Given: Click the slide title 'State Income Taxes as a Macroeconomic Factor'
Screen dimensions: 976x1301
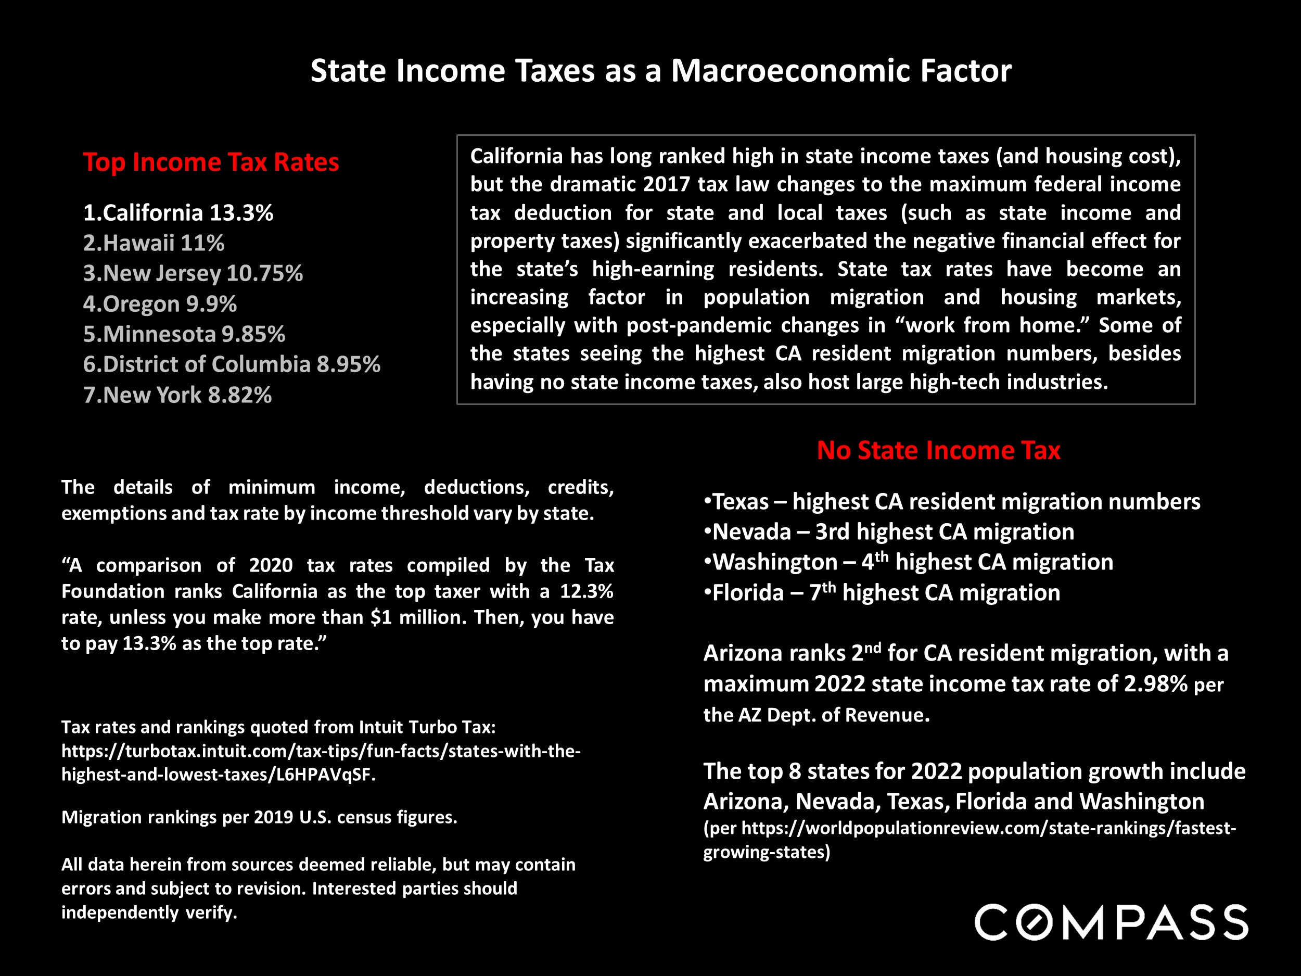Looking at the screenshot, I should (x=660, y=71).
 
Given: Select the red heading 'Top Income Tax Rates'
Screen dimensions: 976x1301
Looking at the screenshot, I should (x=211, y=162).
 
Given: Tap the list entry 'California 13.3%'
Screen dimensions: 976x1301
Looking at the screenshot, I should (x=178, y=212).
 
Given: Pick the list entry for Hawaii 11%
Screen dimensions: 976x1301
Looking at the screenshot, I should (x=154, y=243).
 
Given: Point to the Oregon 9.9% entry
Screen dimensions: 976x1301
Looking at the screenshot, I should (x=160, y=303).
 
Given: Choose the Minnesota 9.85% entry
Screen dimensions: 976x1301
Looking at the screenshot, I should (x=184, y=334).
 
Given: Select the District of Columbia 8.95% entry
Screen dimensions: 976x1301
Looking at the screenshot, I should (x=232, y=364).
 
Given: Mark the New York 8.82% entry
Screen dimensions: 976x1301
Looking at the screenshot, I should (x=177, y=395).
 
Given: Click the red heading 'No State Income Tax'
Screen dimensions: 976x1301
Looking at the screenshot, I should (x=938, y=450).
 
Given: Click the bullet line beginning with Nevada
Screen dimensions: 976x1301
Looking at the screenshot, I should (x=889, y=532).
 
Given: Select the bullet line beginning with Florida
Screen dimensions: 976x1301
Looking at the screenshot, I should (x=882, y=592).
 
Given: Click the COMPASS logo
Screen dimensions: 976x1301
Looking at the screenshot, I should (x=1111, y=922).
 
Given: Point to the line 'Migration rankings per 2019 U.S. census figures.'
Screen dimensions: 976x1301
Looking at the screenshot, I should (x=259, y=817).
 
